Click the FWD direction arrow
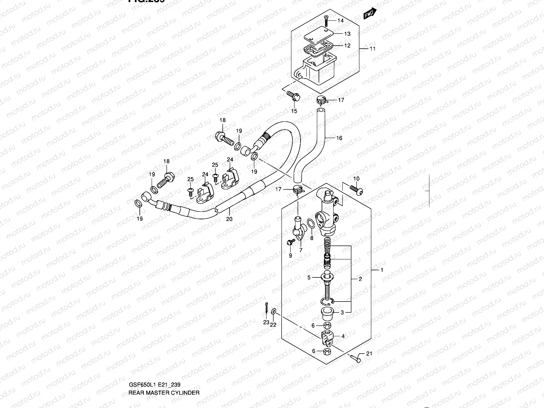coord(370,13)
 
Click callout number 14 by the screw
coord(341,21)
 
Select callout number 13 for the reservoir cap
coord(347,34)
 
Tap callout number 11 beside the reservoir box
coord(373,49)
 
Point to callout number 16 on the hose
coord(339,138)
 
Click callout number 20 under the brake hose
coord(229,219)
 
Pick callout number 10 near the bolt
coord(356,179)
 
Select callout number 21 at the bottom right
coord(369,354)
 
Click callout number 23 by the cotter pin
coord(266,322)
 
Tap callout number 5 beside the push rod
coord(309,277)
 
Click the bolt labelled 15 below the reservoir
coord(293,96)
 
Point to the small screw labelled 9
coord(291,242)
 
